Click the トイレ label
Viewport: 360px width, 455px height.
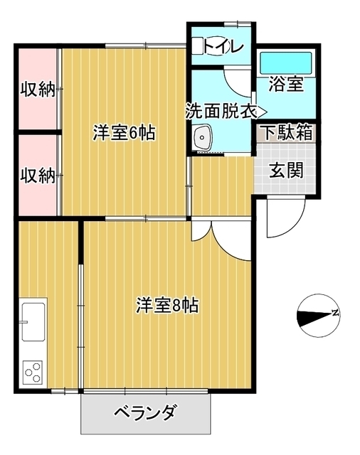224,46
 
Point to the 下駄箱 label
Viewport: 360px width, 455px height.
285,132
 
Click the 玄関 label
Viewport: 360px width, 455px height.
287,171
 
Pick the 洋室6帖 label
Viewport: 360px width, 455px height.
125,133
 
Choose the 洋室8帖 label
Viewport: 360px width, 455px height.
167,306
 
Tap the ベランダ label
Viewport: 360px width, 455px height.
145,412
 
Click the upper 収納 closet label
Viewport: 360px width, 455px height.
37,90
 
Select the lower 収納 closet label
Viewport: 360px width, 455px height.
37,176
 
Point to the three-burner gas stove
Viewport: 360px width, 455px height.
33,371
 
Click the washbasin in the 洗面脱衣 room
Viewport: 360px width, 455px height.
202,136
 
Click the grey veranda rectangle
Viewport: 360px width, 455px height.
145,423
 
